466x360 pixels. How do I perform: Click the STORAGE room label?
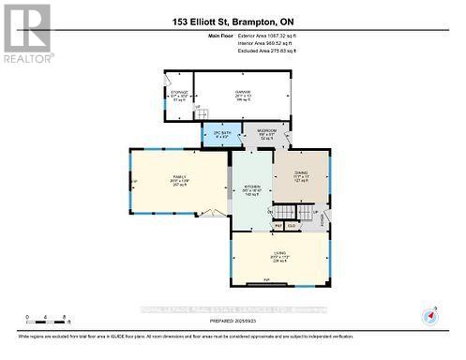179,95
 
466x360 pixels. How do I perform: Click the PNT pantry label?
278,226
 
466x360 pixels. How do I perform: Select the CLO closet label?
293,226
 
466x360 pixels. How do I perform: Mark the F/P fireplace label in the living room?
266,280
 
